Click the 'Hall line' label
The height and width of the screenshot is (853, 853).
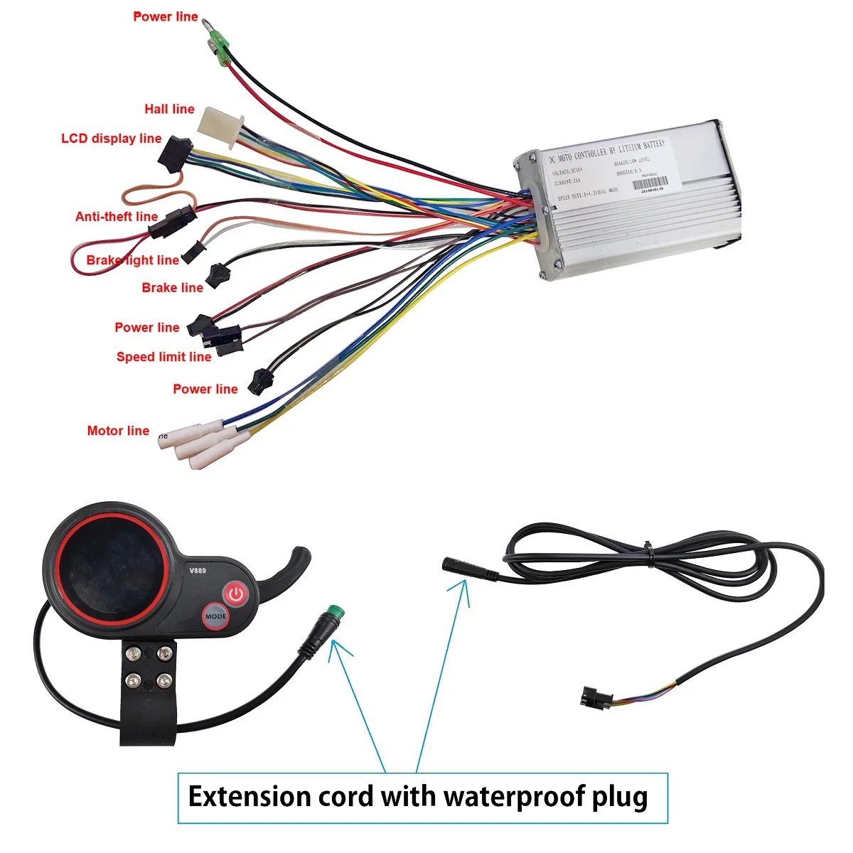click(x=169, y=109)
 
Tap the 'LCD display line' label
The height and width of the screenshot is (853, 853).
click(x=112, y=139)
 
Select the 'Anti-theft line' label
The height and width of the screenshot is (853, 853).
click(x=117, y=216)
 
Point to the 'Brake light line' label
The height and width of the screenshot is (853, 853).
click(x=133, y=260)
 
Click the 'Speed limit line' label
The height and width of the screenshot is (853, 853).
click(x=164, y=357)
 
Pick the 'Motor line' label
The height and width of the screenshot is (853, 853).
click(x=118, y=431)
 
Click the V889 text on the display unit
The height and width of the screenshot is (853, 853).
click(x=197, y=570)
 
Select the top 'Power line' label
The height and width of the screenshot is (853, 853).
click(x=166, y=16)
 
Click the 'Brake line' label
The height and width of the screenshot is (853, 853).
click(x=172, y=288)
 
